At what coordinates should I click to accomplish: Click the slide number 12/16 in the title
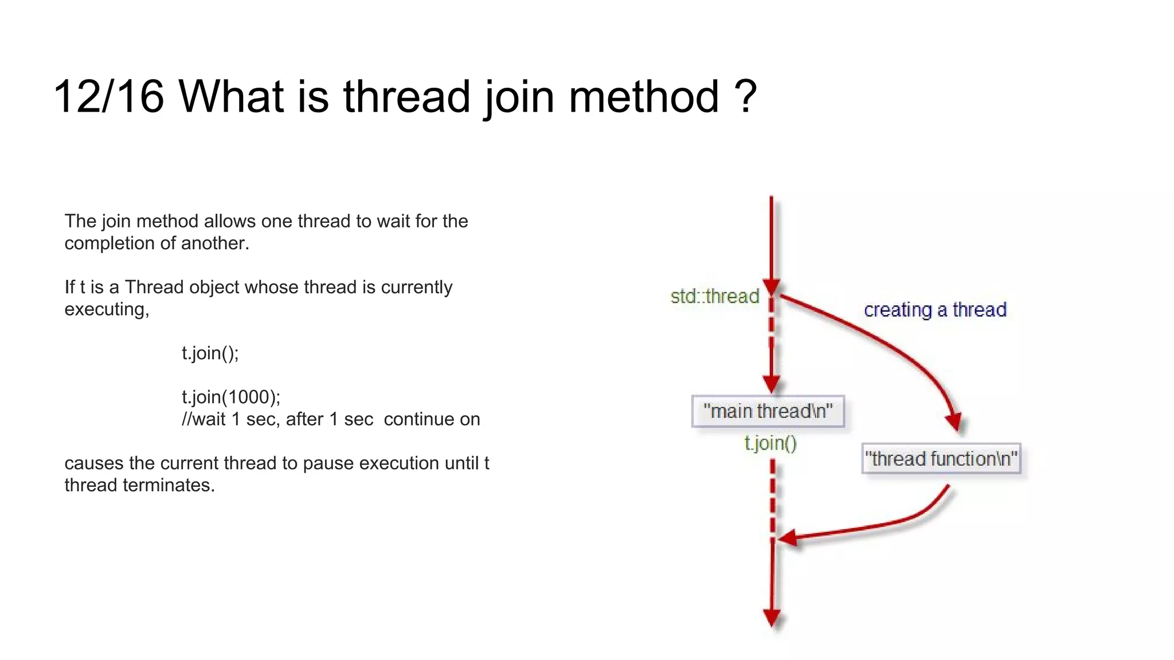pos(108,96)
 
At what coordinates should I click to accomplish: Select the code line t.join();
pos(210,353)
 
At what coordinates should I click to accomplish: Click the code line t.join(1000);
pos(231,396)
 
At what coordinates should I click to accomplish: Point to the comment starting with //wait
pos(331,419)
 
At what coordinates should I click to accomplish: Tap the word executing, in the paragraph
pos(107,309)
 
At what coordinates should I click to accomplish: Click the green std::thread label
pos(714,296)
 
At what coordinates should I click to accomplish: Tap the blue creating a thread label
pos(935,310)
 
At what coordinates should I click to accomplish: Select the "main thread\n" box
pos(768,411)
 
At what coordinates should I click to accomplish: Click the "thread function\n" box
pos(941,458)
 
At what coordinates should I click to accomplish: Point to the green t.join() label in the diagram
pos(770,443)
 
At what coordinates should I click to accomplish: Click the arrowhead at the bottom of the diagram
pos(772,618)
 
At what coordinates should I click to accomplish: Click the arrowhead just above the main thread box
pos(771,383)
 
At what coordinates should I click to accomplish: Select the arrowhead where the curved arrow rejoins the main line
pos(788,538)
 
